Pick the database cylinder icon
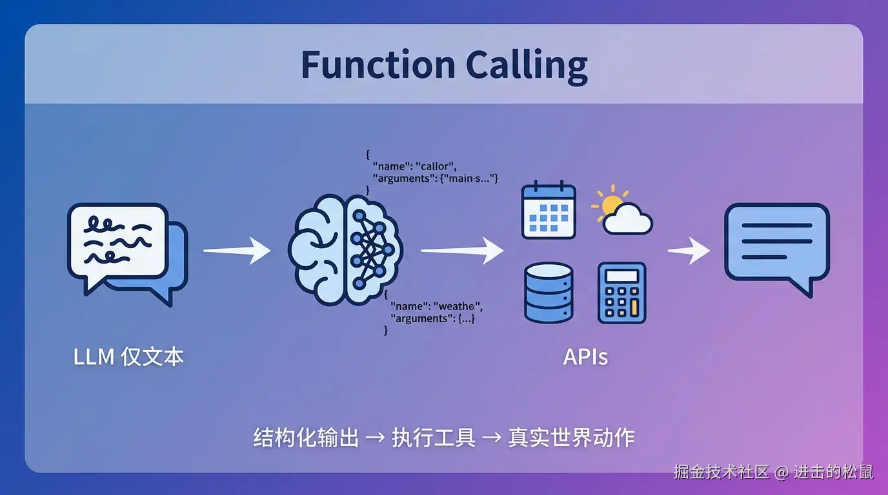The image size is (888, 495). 549,292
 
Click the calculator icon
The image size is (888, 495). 621,293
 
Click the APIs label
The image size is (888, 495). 585,357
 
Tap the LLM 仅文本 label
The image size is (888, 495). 129,356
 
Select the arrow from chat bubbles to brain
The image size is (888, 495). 237,250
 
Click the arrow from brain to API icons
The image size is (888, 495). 461,250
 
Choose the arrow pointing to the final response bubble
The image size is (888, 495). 689,250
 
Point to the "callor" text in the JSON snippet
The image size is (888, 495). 437,167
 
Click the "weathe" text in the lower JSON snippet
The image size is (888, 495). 458,306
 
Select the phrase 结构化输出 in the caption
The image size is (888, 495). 306,438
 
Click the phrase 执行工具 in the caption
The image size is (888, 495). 434,438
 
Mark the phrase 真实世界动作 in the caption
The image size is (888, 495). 571,438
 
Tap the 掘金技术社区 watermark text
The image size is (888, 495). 721,472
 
